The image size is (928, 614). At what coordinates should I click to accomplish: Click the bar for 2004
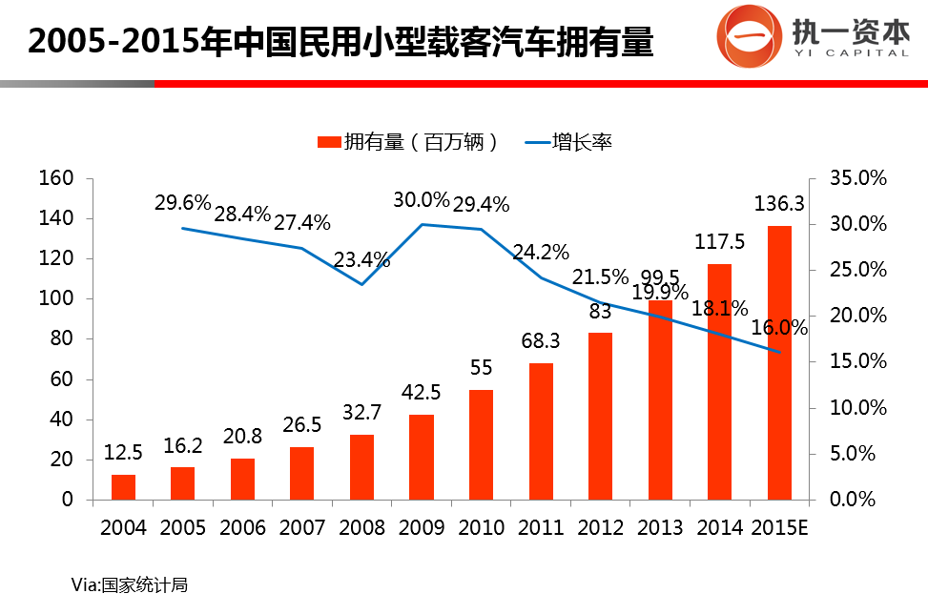pyautogui.click(x=123, y=487)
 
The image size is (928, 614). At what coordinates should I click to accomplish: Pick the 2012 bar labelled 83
pyautogui.click(x=601, y=416)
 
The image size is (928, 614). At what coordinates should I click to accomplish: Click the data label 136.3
pyautogui.click(x=779, y=204)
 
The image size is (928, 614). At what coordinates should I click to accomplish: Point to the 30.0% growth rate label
pyautogui.click(x=421, y=200)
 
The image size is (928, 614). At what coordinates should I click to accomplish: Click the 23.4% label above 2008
pyautogui.click(x=362, y=259)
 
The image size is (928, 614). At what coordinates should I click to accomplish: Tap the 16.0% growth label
pyautogui.click(x=779, y=328)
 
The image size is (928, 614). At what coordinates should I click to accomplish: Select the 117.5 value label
pyautogui.click(x=720, y=243)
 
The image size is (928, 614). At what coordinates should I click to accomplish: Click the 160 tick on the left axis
pyautogui.click(x=55, y=178)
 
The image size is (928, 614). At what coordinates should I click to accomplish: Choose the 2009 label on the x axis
pyautogui.click(x=422, y=527)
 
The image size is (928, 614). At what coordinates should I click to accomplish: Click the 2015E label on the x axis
pyautogui.click(x=779, y=527)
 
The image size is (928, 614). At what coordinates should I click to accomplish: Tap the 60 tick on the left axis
pyautogui.click(x=61, y=379)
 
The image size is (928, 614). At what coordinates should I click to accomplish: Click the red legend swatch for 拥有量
pyautogui.click(x=328, y=143)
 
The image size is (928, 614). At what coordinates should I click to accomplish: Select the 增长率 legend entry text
pyautogui.click(x=583, y=143)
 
